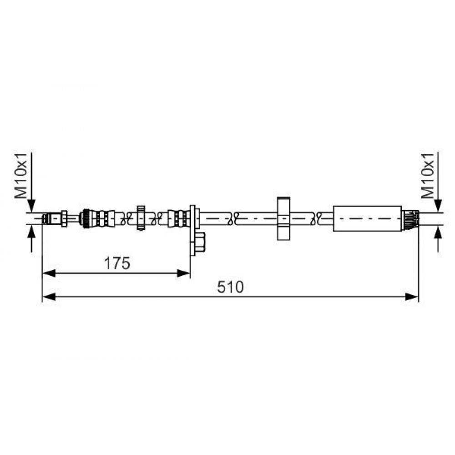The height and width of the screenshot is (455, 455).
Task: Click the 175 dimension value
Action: click(117, 263)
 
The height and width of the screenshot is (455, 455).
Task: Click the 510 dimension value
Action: click(231, 287)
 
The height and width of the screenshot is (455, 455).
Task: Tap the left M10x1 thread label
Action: click(21, 176)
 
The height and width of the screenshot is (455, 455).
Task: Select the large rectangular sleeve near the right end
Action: click(367, 218)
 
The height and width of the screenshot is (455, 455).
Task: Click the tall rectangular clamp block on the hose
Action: click(283, 218)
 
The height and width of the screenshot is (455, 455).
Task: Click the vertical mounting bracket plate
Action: click(192, 230)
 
